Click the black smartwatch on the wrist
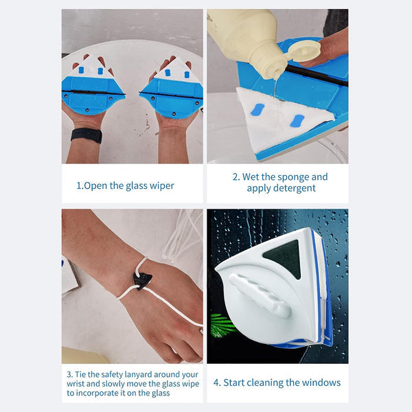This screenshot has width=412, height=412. pyautogui.click(x=86, y=135)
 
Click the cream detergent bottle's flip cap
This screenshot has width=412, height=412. pyautogui.click(x=303, y=50)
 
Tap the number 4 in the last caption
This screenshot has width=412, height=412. pyautogui.click(x=217, y=382)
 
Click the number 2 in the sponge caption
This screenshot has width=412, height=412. pyautogui.click(x=235, y=176)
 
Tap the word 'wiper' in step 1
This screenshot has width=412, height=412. pyautogui.click(x=160, y=185)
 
